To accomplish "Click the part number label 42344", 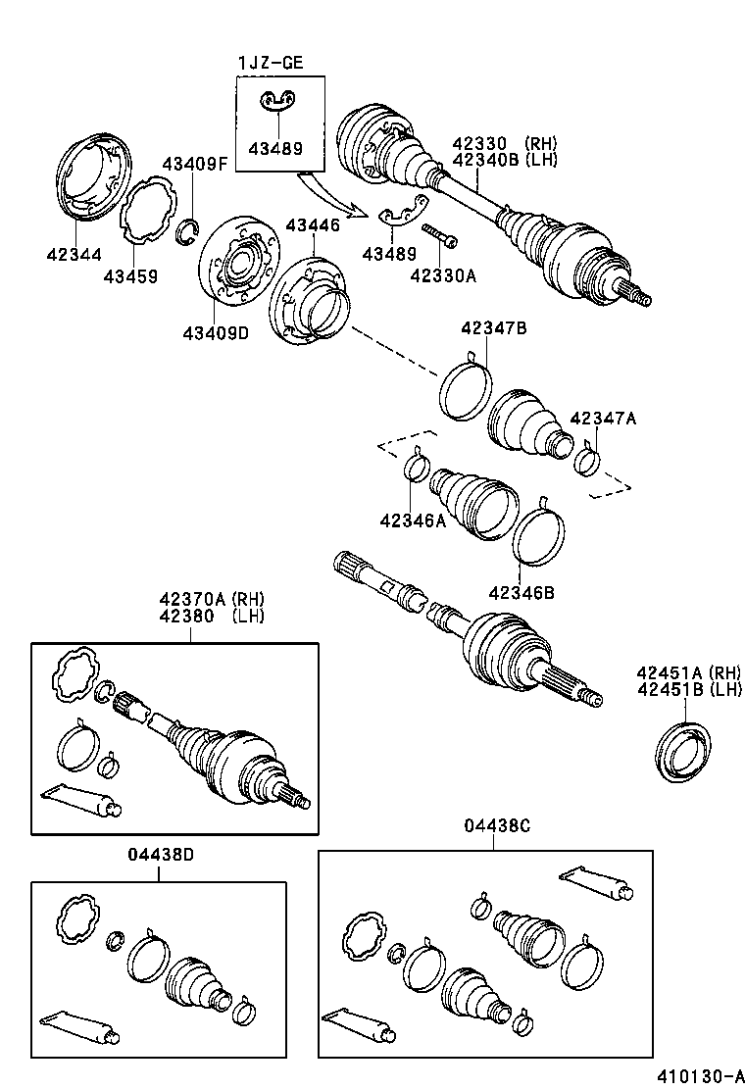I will (73, 254).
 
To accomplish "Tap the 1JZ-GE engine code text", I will (271, 64).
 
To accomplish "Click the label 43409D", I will (215, 332).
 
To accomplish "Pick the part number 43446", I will (313, 225).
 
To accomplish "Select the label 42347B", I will (493, 328).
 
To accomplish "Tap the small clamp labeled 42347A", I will (587, 458).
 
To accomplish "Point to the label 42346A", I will (413, 520).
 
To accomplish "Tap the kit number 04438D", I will (160, 853).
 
